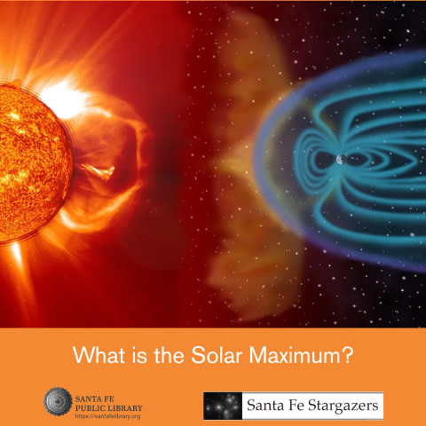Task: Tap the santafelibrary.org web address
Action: [109, 415]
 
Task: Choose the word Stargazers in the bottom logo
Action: [337, 406]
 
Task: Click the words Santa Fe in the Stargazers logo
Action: [270, 406]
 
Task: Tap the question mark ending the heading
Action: [351, 356]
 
